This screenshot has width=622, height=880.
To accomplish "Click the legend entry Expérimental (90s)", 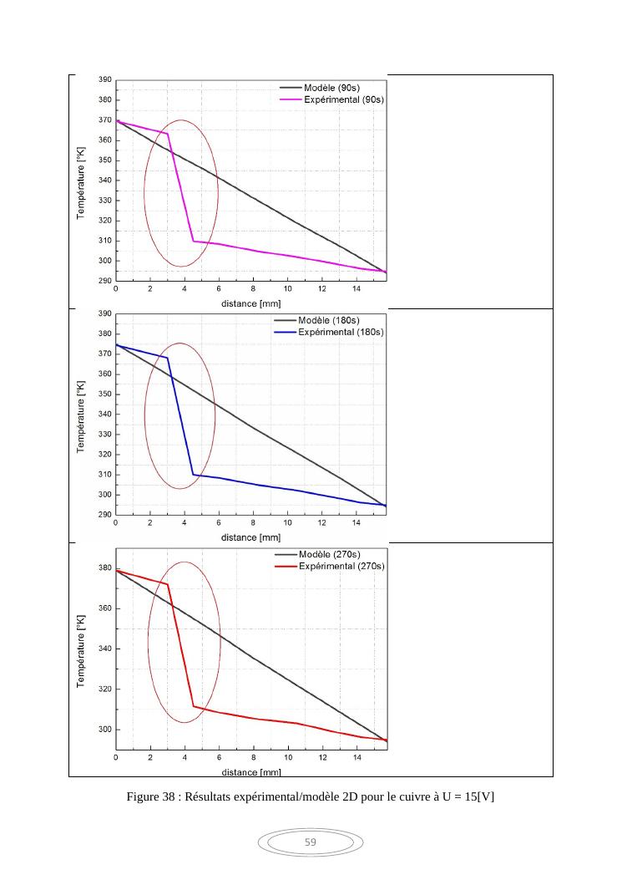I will click(x=342, y=99).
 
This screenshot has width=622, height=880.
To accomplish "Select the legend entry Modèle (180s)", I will click(x=331, y=320).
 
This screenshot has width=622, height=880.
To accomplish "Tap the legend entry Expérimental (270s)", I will click(x=342, y=567).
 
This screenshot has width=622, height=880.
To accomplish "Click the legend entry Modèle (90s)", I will click(x=331, y=87).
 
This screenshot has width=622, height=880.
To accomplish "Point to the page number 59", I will click(x=311, y=842).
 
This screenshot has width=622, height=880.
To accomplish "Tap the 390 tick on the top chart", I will click(x=106, y=80).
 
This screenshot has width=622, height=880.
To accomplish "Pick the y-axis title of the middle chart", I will click(x=81, y=415).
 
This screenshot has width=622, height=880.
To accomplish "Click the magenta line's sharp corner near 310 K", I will click(x=193, y=241).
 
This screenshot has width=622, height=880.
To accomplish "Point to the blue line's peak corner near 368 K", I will click(x=168, y=358).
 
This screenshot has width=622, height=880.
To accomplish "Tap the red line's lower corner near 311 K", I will click(x=194, y=706).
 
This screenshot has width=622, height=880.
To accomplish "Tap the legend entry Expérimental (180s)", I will click(x=342, y=332).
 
